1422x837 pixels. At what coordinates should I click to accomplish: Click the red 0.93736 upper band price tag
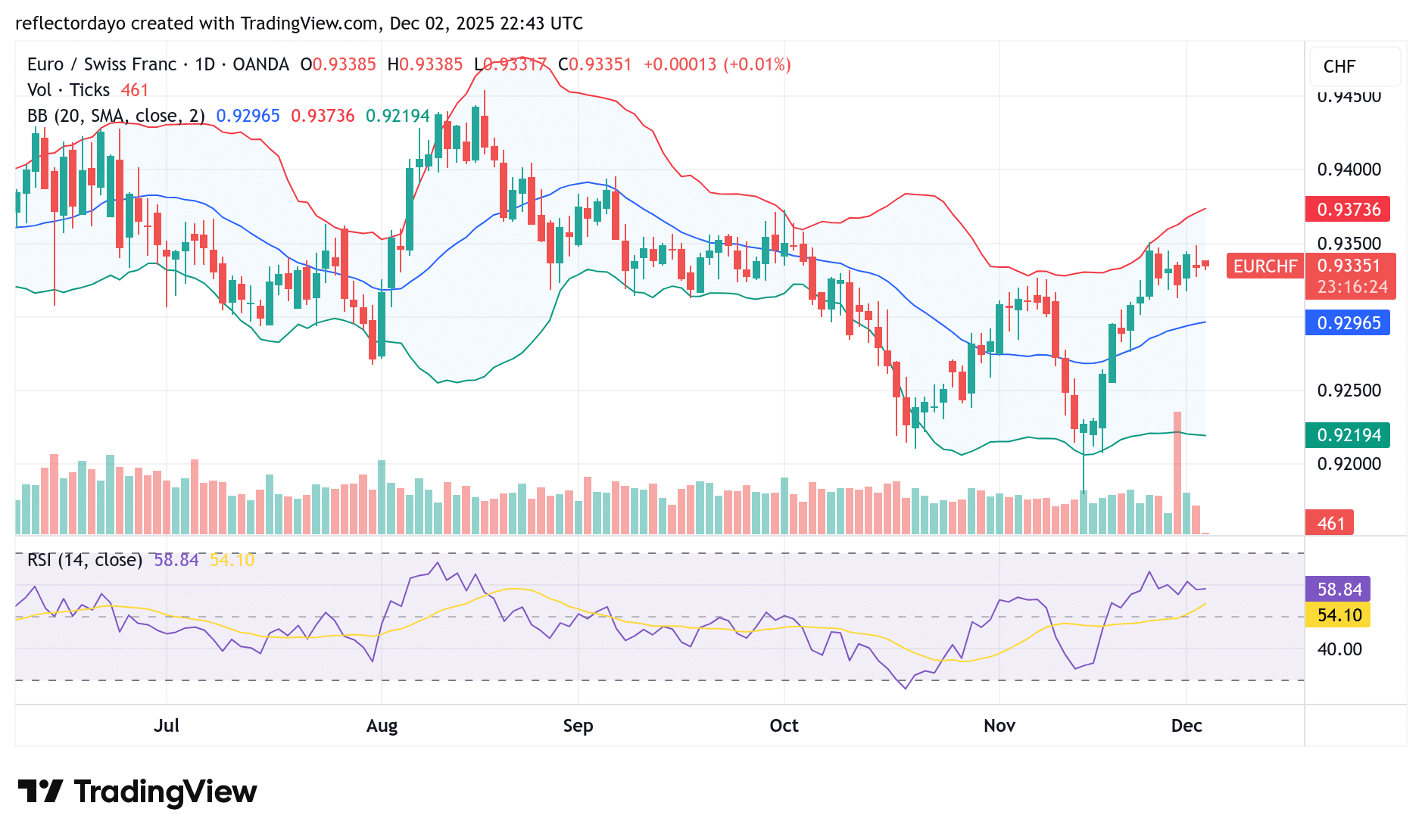(1347, 210)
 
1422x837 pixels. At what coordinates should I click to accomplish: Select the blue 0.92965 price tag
(1347, 323)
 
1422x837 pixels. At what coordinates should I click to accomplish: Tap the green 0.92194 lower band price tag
(1347, 435)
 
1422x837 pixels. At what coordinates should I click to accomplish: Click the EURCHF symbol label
(1265, 266)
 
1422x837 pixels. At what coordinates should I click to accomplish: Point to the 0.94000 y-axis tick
(1349, 170)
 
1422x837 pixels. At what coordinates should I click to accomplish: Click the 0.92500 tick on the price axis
(1349, 390)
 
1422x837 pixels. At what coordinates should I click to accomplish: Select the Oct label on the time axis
(784, 726)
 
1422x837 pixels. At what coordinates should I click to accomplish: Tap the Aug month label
(382, 726)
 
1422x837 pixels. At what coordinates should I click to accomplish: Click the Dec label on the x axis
(1186, 726)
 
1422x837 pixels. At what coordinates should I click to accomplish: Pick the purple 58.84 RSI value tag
(1339, 590)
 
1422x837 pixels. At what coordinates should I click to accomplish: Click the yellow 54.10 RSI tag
(1339, 615)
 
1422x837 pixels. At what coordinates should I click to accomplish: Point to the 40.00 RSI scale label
(1339, 649)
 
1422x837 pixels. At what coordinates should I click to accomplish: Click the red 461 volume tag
(1330, 524)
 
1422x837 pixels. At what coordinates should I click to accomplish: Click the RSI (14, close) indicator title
(85, 560)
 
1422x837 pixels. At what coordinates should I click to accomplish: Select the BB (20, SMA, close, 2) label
(116, 116)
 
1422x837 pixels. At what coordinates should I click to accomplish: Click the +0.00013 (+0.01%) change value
(717, 64)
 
